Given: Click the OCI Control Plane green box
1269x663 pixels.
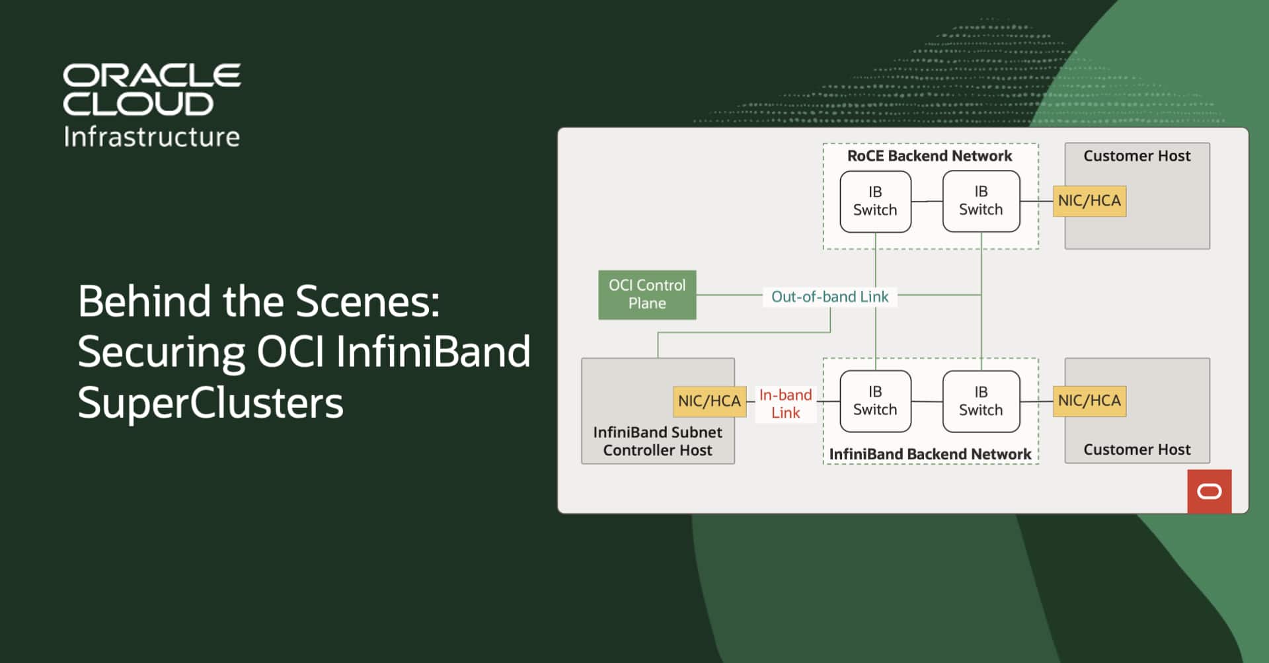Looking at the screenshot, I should click(x=647, y=295).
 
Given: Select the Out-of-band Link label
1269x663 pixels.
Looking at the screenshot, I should click(x=829, y=297).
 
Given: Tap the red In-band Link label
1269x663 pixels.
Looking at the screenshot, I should click(x=785, y=404).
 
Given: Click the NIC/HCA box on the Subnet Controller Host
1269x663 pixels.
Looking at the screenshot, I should click(x=709, y=401).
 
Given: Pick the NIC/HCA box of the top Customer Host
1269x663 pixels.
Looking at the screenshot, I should click(x=1089, y=201).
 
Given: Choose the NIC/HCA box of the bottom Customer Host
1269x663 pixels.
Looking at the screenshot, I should click(x=1089, y=401).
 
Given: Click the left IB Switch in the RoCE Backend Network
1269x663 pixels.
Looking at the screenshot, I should click(x=875, y=201).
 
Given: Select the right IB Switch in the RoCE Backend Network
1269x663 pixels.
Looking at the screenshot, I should click(x=981, y=201).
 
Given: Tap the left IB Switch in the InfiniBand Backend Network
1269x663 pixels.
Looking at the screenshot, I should click(x=875, y=401).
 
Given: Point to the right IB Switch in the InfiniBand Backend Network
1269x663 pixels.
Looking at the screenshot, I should click(x=981, y=401).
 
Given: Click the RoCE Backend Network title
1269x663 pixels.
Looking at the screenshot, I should click(x=929, y=156).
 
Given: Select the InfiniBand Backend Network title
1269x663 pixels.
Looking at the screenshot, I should click(x=930, y=454).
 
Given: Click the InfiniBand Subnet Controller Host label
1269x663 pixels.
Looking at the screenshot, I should click(x=658, y=441).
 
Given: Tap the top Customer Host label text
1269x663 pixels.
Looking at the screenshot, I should click(x=1137, y=156).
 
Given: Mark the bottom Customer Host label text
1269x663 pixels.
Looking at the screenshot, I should click(x=1137, y=449).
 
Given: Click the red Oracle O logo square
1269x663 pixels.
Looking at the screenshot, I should click(x=1210, y=491).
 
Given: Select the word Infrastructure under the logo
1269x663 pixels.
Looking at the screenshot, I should click(x=152, y=137).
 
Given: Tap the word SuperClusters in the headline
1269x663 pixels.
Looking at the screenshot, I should click(x=211, y=402).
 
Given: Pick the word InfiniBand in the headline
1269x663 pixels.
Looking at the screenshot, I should click(x=433, y=352).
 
